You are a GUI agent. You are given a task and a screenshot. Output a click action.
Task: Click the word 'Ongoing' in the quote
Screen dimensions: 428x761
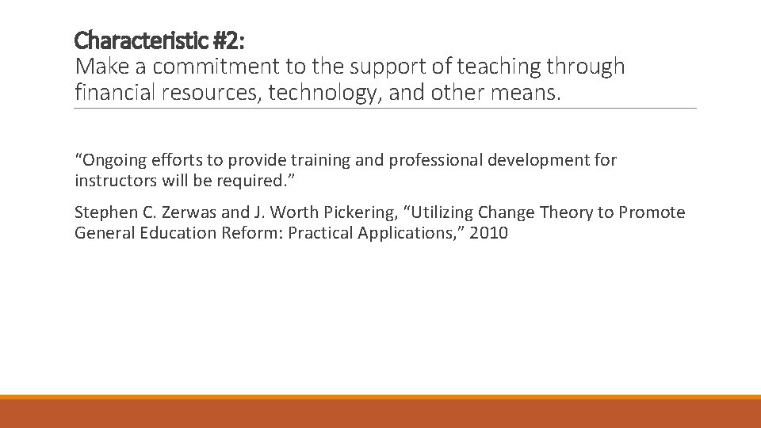click(x=109, y=160)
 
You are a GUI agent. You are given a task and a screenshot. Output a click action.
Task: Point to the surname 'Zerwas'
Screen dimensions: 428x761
click(x=189, y=212)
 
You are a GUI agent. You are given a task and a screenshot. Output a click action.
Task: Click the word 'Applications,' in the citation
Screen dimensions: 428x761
click(x=406, y=233)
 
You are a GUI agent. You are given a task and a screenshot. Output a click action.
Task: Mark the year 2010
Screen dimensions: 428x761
click(x=489, y=233)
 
